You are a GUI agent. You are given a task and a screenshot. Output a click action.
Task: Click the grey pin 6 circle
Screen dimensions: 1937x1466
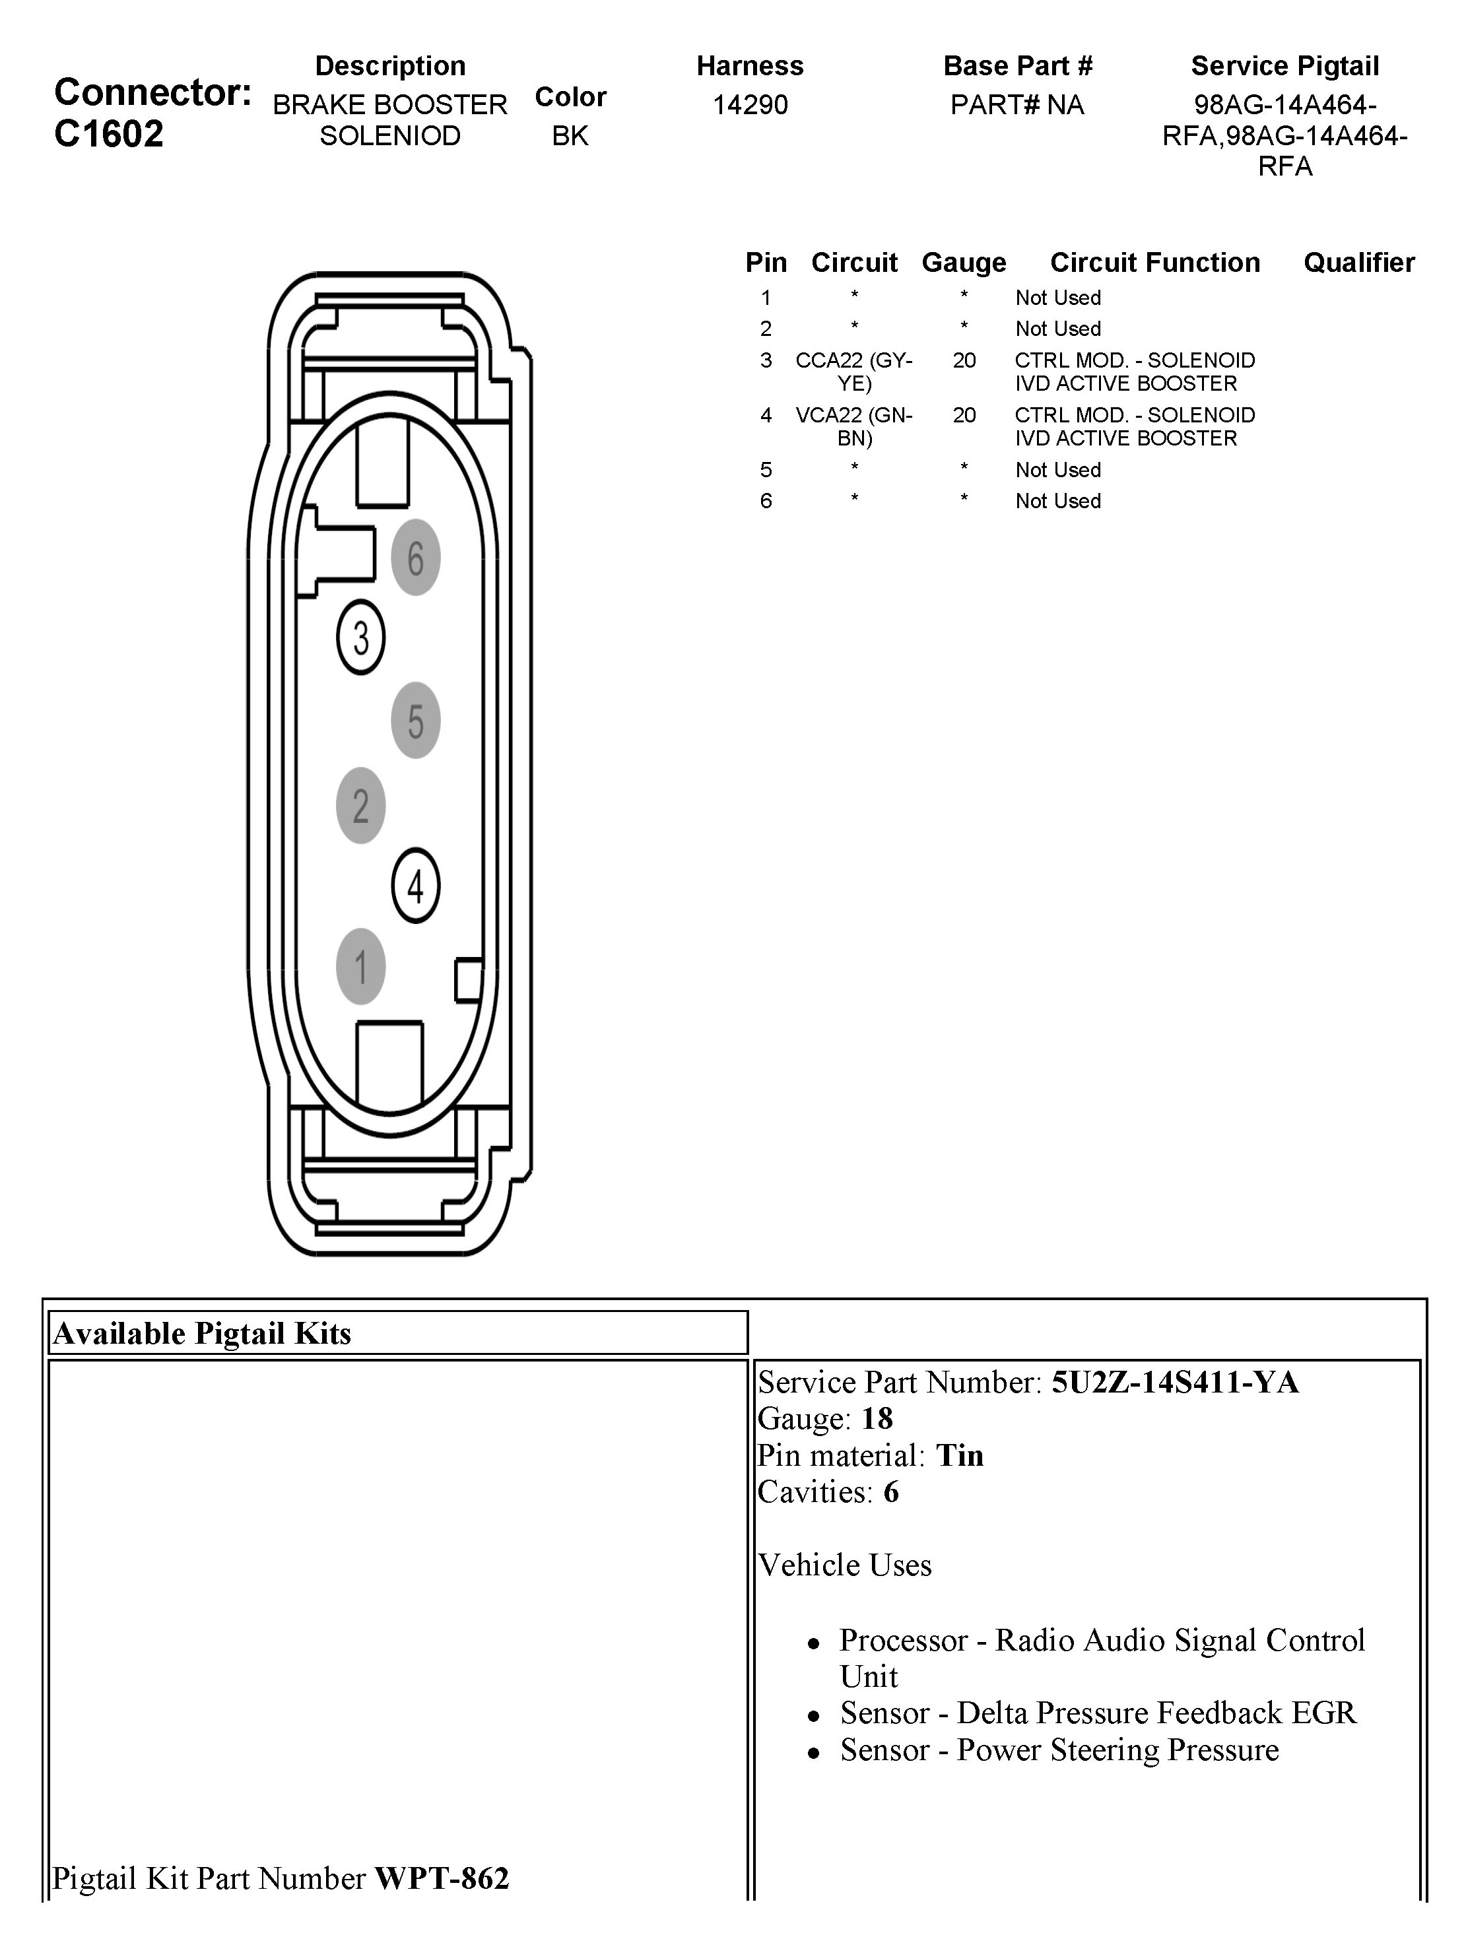415,558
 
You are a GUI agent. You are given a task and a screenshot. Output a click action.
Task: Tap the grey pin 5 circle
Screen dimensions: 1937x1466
415,720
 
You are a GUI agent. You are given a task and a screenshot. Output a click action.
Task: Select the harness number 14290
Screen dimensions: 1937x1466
750,105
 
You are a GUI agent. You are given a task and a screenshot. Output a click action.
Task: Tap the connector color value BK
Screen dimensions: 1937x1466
570,136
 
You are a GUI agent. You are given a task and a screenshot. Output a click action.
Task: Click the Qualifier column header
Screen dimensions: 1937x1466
1358,263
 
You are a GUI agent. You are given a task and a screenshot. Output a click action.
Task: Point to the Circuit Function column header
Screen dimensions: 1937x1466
1154,263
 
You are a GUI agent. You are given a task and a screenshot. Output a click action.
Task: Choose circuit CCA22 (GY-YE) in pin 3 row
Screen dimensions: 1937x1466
854,372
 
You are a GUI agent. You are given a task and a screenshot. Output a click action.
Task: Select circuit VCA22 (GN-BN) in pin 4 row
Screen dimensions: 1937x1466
854,426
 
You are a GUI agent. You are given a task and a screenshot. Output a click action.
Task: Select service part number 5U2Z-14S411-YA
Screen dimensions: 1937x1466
1174,1383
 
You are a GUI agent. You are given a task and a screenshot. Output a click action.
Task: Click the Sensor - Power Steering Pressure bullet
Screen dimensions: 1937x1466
1059,1750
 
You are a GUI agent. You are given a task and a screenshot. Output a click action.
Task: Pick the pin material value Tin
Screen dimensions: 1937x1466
960,1455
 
